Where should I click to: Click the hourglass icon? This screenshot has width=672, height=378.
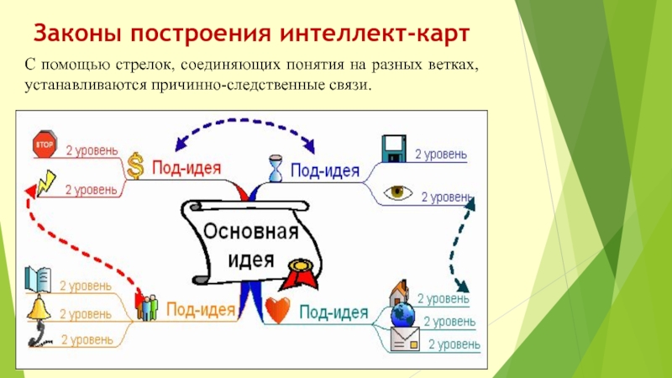coord(276,165)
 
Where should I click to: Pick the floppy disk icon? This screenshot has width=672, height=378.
coord(393,149)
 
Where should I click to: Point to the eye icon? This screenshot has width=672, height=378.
coord(398,192)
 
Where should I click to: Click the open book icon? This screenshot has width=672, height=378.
coord(39,277)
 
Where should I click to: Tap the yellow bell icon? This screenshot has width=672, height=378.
coord(39,307)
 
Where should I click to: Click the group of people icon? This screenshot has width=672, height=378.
coord(148,307)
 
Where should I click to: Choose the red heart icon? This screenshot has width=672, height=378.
coord(277,309)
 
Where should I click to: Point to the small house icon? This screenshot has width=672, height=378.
coord(398,293)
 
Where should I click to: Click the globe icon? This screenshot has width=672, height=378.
coord(404,316)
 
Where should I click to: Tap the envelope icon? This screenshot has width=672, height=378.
coord(404,339)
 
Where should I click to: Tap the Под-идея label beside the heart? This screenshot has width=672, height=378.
coord(333,314)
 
